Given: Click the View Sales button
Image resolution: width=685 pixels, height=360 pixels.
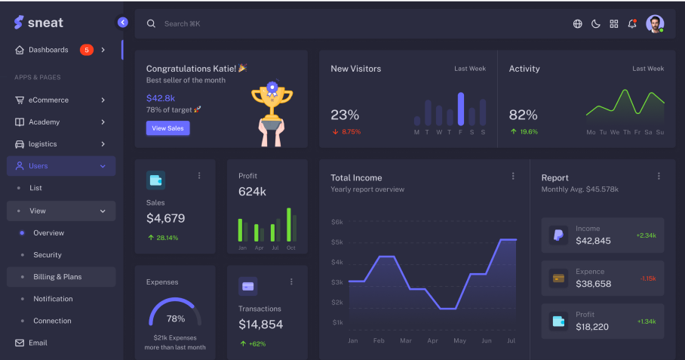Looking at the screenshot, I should click(x=167, y=128).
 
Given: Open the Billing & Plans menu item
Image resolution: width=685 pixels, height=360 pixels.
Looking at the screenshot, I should click(x=57, y=277).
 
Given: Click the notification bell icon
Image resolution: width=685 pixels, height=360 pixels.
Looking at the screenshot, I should click(x=632, y=23).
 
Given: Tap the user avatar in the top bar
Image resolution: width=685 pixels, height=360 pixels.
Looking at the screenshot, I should click(x=655, y=23).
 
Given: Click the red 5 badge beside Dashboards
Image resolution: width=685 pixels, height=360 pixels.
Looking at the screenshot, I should click(x=86, y=50).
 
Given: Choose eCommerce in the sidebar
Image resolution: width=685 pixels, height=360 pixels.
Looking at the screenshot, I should click(x=48, y=100).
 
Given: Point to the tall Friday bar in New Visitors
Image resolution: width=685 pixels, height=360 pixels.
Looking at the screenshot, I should click(x=460, y=109).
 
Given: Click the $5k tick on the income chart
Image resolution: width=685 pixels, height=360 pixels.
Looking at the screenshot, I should click(x=337, y=242).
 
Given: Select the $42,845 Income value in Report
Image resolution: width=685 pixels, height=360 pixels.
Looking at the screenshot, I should click(x=593, y=241).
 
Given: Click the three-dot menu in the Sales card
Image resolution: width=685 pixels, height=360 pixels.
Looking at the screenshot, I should click(x=199, y=175).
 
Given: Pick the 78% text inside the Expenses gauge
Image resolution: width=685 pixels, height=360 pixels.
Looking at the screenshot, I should click(x=175, y=318).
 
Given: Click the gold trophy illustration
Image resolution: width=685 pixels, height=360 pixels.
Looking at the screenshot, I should click(x=272, y=103).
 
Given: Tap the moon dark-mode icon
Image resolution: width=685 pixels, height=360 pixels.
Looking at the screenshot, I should click(x=595, y=23).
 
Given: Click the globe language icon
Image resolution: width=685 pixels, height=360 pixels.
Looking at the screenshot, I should click(x=578, y=23).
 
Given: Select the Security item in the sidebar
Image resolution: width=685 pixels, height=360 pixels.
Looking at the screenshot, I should click(x=48, y=255).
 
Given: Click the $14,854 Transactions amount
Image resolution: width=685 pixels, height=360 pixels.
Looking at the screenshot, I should click(x=260, y=325).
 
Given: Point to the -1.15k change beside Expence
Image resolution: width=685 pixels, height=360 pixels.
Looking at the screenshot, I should click(x=647, y=278).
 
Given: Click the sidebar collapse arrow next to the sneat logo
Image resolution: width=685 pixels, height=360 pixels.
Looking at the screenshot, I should click(x=123, y=23).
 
